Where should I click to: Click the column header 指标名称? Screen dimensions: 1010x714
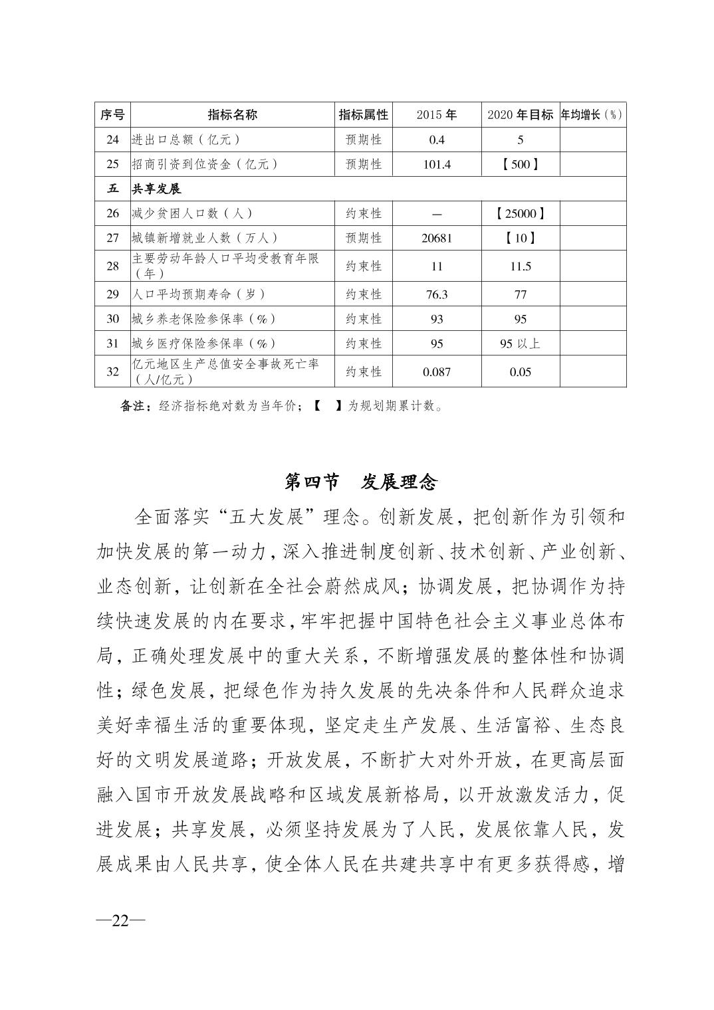(x=232, y=114)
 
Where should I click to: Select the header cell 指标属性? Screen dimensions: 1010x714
(x=363, y=114)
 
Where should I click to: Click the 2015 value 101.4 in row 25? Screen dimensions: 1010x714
(x=437, y=164)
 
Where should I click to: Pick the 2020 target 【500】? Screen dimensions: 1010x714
(x=520, y=164)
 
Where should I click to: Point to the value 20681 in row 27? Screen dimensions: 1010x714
(x=437, y=238)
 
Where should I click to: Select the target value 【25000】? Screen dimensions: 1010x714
(x=520, y=213)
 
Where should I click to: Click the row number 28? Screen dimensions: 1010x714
(x=113, y=266)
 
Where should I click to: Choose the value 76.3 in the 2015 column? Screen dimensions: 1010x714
(x=437, y=294)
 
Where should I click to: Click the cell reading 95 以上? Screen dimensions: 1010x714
(x=520, y=343)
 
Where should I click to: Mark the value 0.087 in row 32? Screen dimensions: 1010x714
(x=437, y=371)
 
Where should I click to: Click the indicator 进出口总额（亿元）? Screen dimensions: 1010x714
(x=185, y=140)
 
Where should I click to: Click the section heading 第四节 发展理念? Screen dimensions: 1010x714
(x=360, y=482)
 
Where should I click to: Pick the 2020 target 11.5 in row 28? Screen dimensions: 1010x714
(x=520, y=266)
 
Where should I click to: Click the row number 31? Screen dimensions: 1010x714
(x=113, y=343)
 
